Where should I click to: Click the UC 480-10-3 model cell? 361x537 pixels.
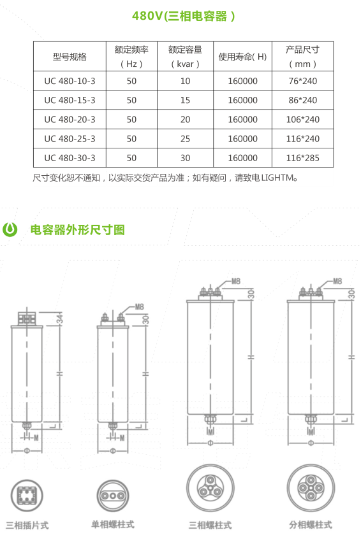coord(70,81)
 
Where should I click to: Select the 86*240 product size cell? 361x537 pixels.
coord(303,101)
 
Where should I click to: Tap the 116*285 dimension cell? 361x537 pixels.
coord(303,158)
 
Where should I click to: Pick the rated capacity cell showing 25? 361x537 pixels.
coord(185,139)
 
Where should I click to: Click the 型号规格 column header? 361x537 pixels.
coord(70,57)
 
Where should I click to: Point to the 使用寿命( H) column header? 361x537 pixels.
coord(242,57)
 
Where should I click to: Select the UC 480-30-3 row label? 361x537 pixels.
coord(70,158)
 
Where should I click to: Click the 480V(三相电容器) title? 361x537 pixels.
coord(184,16)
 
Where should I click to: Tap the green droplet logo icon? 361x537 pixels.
coord(10,229)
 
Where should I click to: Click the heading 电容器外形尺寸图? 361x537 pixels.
coord(77,230)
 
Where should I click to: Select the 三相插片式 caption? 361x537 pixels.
coord(27,526)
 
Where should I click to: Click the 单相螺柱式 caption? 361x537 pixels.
coord(113,525)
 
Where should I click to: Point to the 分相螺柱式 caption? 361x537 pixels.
coord(311,525)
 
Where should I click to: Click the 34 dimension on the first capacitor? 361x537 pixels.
coord(60,318)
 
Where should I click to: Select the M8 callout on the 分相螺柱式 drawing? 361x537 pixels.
coord(337,281)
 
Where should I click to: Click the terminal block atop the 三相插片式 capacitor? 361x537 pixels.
coord(27,318)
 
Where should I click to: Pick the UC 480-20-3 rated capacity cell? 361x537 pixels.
coord(185,120)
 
